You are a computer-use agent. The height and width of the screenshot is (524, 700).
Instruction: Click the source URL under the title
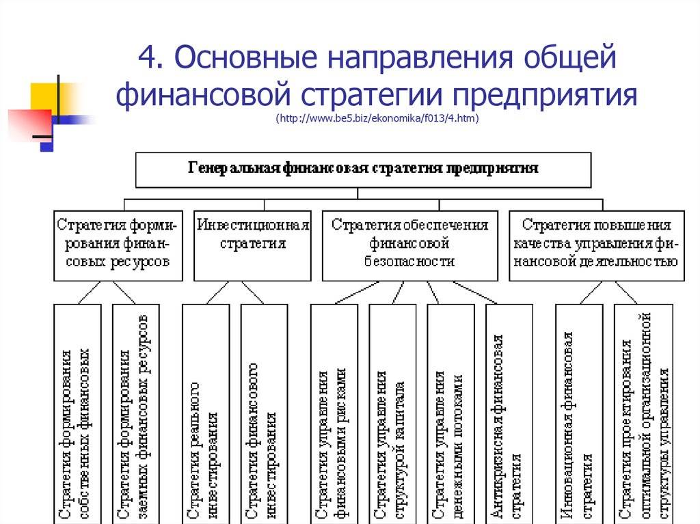click(x=377, y=118)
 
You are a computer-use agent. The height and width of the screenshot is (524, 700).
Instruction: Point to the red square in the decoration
click(x=29, y=126)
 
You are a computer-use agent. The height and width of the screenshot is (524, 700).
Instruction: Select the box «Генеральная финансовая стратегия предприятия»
click(x=363, y=170)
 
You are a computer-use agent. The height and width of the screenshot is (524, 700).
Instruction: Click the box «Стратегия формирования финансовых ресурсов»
click(x=118, y=246)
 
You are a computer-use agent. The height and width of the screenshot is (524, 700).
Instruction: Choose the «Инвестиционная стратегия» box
click(x=252, y=246)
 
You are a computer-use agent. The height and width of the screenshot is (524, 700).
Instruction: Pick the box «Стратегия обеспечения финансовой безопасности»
click(x=410, y=246)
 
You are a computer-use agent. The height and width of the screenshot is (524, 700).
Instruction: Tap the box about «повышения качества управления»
click(x=596, y=246)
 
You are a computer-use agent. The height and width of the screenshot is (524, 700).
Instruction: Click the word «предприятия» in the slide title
click(x=545, y=95)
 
